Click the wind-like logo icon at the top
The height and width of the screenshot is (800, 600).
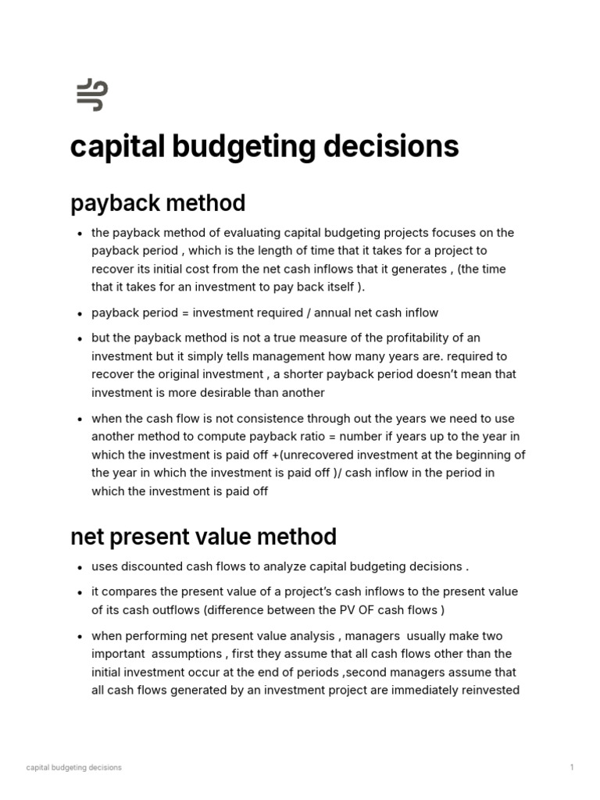(x=91, y=95)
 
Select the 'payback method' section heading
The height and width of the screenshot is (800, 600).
(x=158, y=203)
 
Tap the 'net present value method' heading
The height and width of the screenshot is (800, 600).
(x=203, y=537)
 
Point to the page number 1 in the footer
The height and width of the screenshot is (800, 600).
(x=572, y=768)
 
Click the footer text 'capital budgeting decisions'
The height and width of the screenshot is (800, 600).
(x=74, y=768)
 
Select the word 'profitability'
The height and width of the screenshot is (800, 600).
(x=389, y=337)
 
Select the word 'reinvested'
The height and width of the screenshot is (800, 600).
(x=485, y=690)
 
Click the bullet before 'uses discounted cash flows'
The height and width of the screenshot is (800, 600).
(x=80, y=567)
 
